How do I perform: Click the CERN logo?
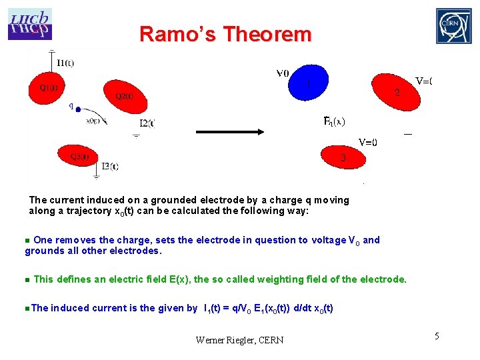pos(453,26)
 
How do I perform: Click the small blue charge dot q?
pos(78,109)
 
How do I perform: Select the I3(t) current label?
pos(109,166)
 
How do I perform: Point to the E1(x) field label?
pos(334,121)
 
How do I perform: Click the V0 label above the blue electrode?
pos(282,73)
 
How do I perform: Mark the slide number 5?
pos(437,336)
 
